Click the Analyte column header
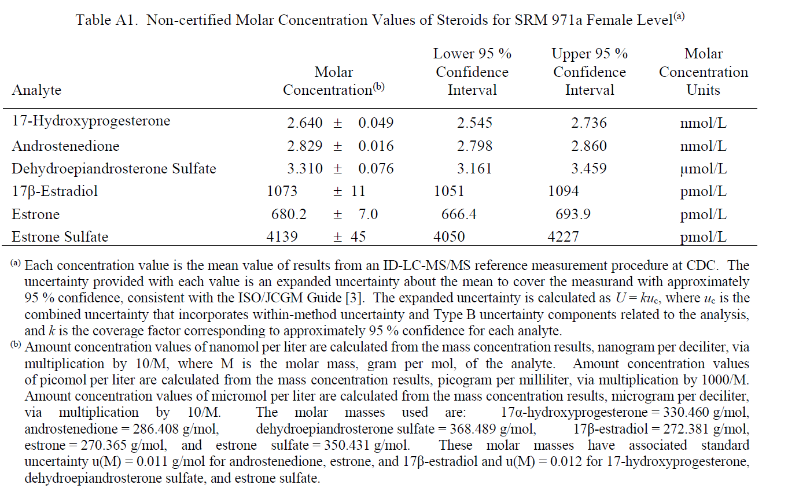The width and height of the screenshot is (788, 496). tap(36, 90)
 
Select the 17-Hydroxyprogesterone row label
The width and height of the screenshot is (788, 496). tap(91, 121)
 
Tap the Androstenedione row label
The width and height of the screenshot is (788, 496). tap(66, 146)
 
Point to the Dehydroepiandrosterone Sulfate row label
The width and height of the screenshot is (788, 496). tap(114, 169)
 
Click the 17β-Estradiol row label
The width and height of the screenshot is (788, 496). tap(55, 191)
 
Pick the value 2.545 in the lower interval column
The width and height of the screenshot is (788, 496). tap(474, 123)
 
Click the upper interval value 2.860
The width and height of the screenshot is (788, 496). tap(589, 146)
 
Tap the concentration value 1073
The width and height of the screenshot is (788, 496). tap(282, 191)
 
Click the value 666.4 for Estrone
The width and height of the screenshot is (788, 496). tap(459, 214)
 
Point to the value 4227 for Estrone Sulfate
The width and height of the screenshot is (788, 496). tap(563, 236)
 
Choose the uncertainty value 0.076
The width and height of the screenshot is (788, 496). tap(376, 169)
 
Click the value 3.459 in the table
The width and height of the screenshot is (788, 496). tap(589, 169)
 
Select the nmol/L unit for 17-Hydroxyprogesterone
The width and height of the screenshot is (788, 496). tap(704, 123)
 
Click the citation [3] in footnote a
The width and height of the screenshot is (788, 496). tap(354, 298)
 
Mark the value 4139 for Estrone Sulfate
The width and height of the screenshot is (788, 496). tap(282, 236)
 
